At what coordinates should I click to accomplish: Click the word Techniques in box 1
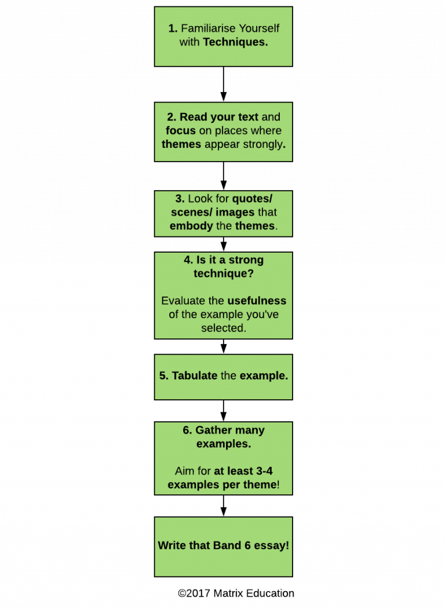(235, 42)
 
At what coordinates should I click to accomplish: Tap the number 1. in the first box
(173, 28)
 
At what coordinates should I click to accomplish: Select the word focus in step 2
(181, 131)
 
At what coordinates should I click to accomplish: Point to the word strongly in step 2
(265, 144)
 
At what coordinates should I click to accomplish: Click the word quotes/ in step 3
(252, 199)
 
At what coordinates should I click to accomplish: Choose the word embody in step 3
(191, 226)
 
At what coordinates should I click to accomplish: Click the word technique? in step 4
(223, 273)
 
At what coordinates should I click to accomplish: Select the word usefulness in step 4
(257, 301)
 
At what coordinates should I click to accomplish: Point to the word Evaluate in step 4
(184, 301)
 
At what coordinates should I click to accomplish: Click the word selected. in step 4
(223, 328)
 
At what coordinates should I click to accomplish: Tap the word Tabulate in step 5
(195, 376)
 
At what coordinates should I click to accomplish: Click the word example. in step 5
(264, 376)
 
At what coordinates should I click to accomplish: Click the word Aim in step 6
(184, 471)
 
